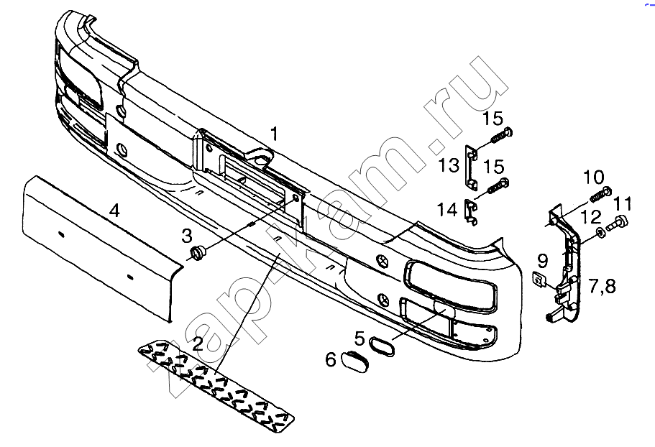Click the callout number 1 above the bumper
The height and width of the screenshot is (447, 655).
coord(274,134)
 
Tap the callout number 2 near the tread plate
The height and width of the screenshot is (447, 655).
coord(198,344)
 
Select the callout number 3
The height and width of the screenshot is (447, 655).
coord(187,236)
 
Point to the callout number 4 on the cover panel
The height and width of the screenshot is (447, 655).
coord(114,211)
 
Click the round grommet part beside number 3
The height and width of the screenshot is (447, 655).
coord(198,254)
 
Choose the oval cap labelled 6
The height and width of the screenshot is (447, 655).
coord(354,362)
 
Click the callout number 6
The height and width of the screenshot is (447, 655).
coord(331,359)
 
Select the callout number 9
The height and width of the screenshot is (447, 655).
coord(542,262)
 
